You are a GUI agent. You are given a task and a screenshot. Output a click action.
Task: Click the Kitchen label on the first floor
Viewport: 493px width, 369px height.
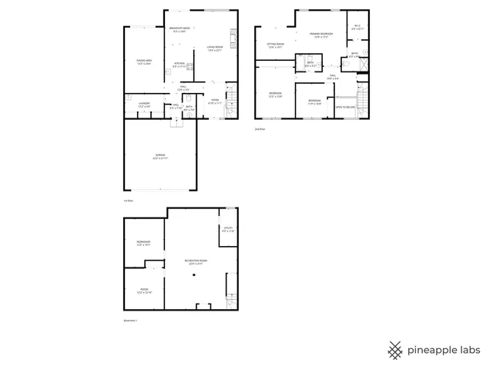click(179, 64)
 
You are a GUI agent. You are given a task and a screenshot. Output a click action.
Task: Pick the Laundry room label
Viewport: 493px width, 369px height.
click(144, 104)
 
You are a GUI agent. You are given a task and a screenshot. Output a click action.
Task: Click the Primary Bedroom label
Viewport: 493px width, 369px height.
click(321, 35)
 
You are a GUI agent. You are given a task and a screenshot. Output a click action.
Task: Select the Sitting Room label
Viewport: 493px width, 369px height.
click(276, 45)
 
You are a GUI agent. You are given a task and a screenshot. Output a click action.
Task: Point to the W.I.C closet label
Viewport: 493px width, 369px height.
click(357, 27)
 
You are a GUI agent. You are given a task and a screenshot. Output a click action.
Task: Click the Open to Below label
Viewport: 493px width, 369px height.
click(345, 107)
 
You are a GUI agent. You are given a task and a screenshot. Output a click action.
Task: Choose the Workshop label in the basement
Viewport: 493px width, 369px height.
click(143, 243)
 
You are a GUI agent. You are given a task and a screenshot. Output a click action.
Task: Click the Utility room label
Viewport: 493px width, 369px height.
click(228, 228)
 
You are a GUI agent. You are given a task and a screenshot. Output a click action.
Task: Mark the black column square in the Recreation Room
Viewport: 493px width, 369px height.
click(194, 274)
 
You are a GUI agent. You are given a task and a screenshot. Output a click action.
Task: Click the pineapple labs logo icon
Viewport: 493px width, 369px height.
click(394, 349)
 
